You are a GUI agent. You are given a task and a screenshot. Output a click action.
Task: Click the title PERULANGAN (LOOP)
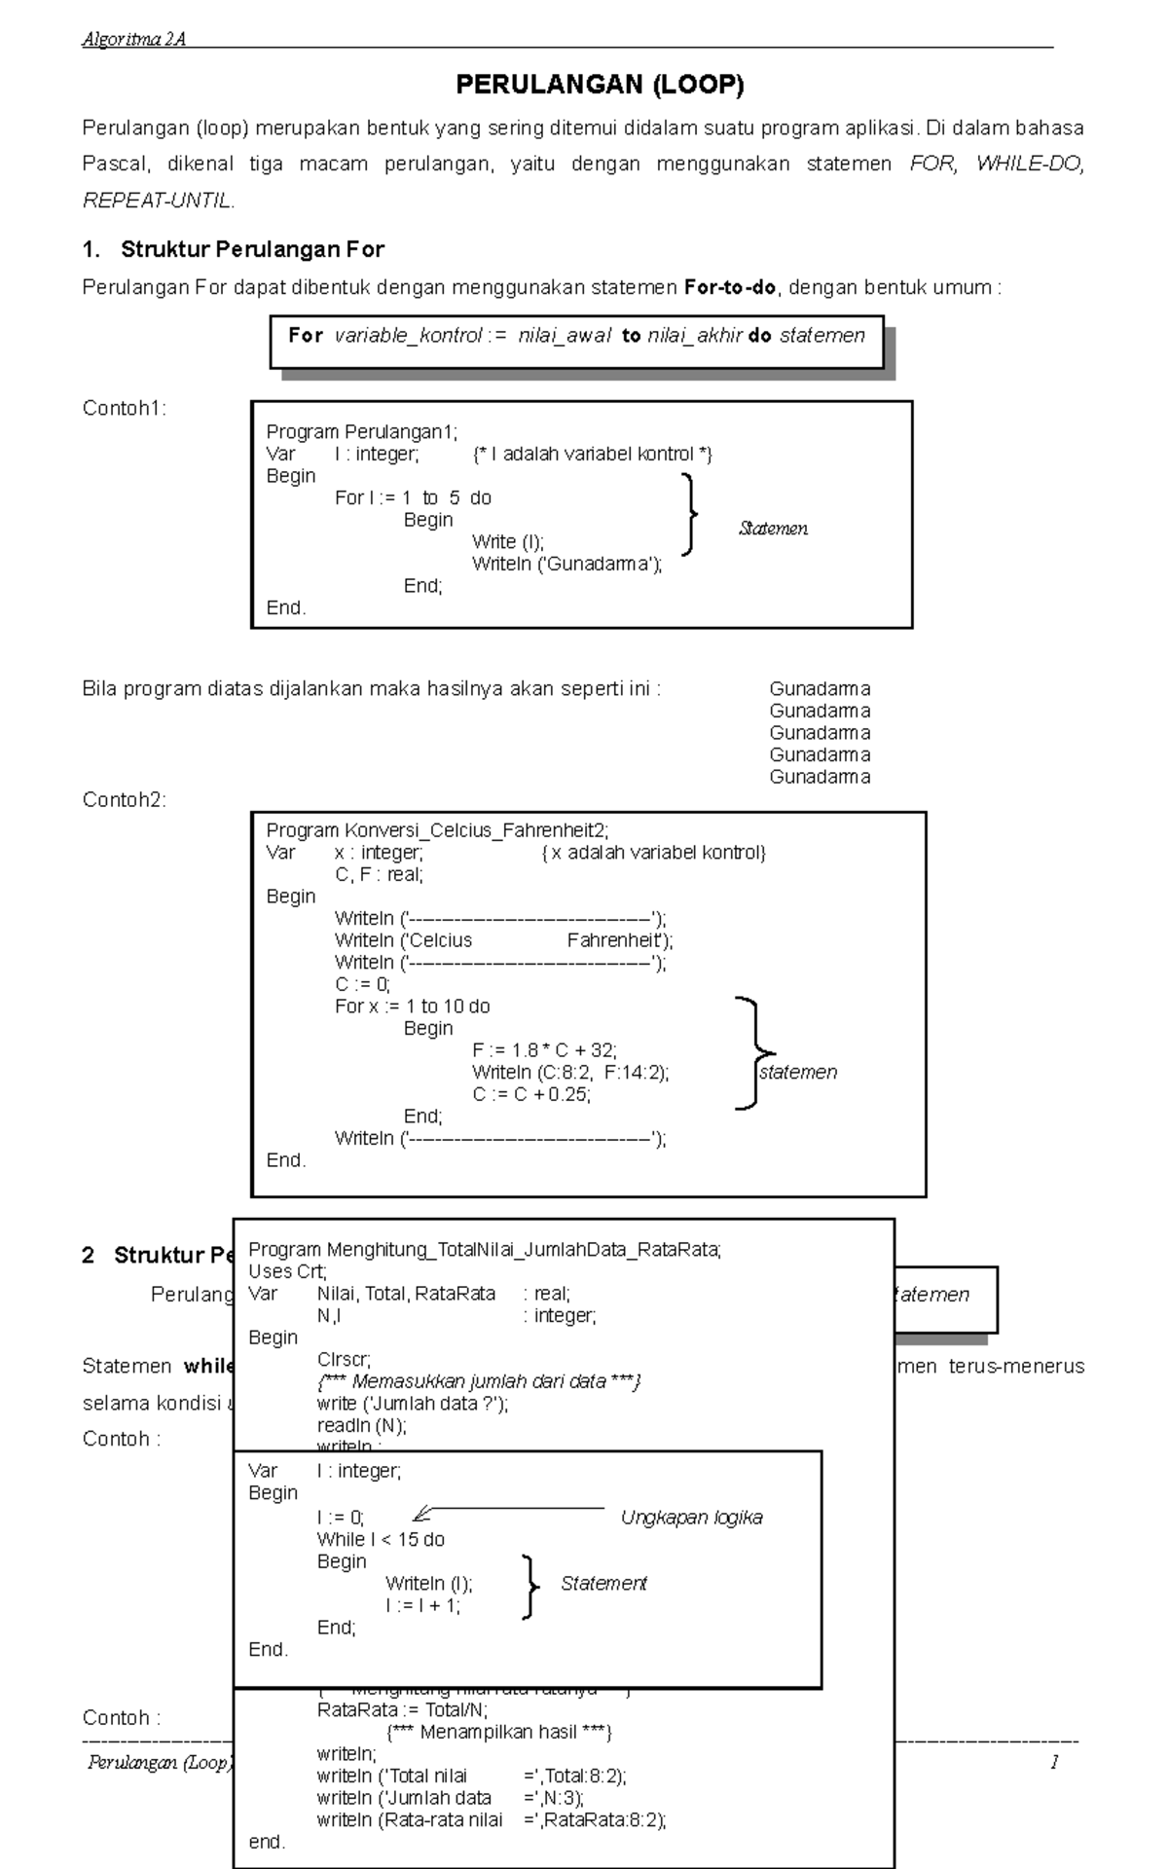coord(600,85)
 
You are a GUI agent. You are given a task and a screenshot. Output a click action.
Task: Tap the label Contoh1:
coord(124,408)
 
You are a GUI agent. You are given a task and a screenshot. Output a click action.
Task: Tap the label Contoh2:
coord(124,800)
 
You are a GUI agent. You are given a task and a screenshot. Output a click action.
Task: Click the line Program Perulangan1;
coord(361,431)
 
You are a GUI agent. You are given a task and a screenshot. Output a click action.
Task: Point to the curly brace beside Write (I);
coord(691,514)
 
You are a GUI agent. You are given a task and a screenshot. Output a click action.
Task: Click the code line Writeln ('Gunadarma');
coord(566,564)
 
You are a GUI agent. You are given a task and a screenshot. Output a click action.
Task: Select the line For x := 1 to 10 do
coord(412,1007)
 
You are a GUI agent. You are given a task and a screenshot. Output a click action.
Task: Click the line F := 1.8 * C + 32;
coord(544,1050)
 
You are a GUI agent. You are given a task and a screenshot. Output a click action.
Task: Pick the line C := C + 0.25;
coord(531,1094)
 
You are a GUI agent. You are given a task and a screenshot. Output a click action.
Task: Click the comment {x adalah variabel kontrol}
coord(653,853)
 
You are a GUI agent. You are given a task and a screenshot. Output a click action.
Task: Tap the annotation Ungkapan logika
coord(691,1518)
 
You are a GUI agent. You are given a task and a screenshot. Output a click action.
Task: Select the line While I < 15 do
coord(381,1539)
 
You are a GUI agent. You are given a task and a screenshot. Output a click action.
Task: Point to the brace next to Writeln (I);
coord(529,1587)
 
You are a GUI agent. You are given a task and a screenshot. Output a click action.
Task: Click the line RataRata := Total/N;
coord(402,1710)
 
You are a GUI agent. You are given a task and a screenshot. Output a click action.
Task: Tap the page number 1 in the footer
coord(1054,1762)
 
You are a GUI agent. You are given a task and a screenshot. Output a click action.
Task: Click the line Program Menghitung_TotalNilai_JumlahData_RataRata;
coord(485,1250)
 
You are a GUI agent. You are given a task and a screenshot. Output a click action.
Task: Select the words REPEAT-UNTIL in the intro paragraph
coord(158,201)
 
